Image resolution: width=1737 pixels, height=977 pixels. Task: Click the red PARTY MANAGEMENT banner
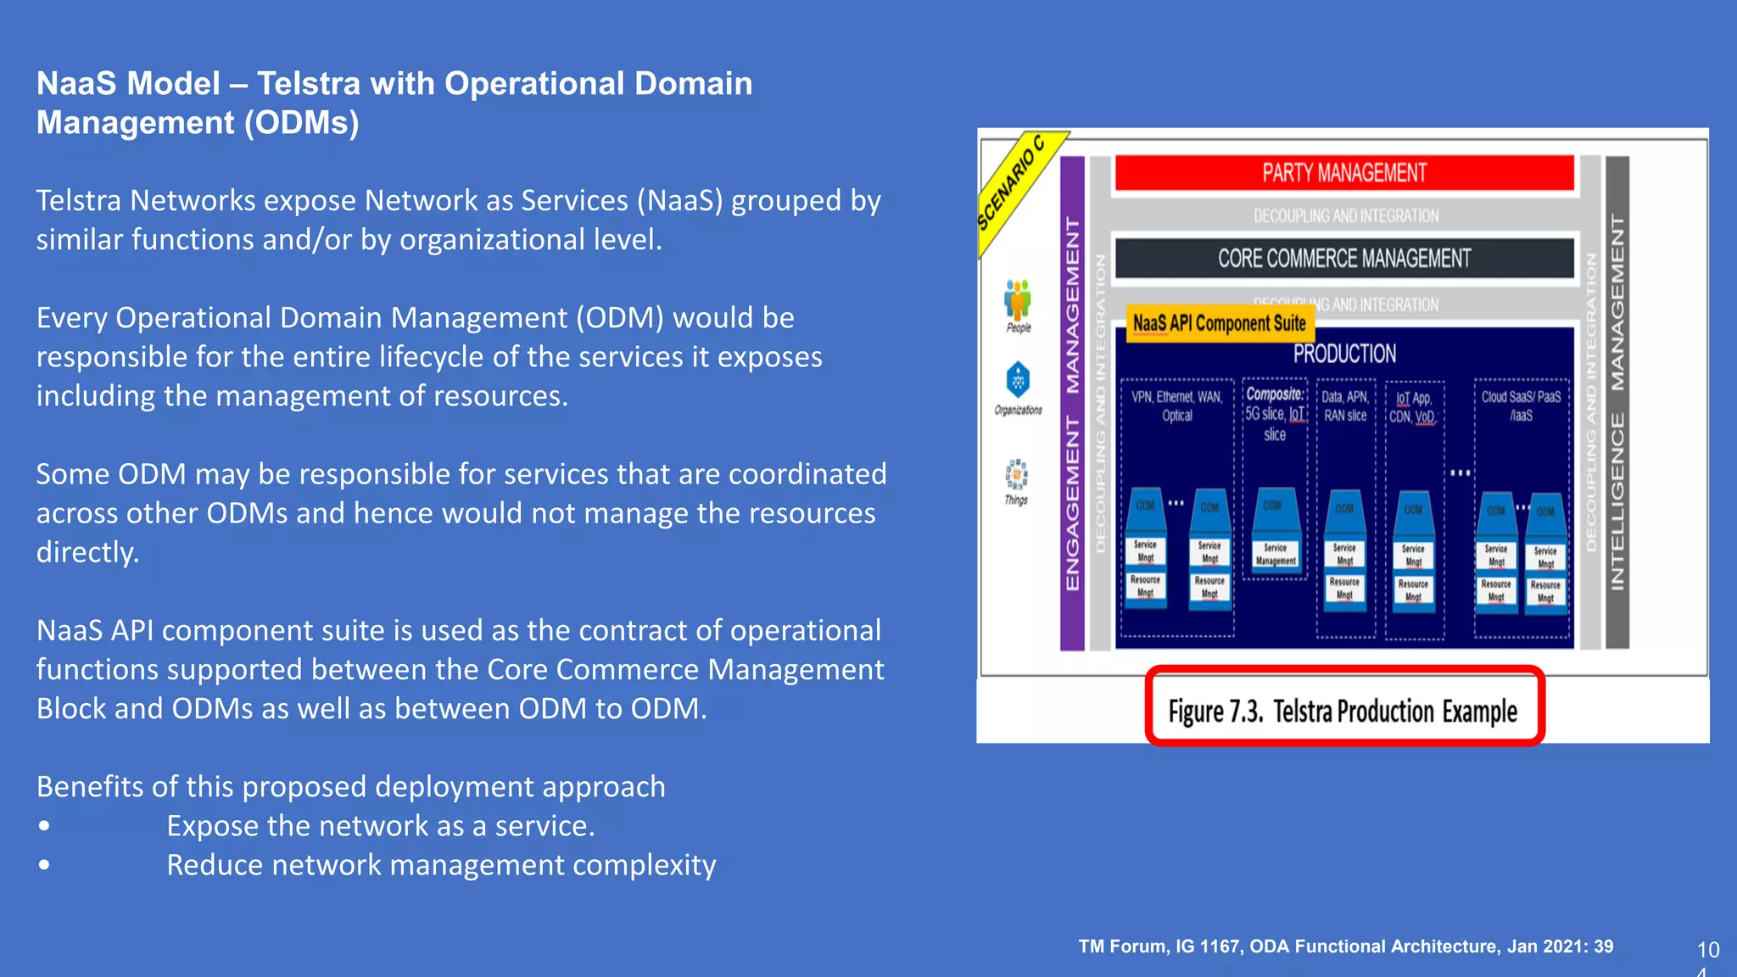click(1344, 173)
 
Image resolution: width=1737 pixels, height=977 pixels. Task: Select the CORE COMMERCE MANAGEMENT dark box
click(1344, 259)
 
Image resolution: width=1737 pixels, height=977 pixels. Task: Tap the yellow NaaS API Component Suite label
click(1220, 323)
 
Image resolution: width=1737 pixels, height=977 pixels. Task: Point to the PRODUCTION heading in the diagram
click(1344, 354)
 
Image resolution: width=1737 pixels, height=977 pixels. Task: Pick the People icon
click(1018, 300)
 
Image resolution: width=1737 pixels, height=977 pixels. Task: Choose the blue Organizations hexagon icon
click(1018, 379)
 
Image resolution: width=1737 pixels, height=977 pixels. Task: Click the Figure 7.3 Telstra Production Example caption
click(1343, 711)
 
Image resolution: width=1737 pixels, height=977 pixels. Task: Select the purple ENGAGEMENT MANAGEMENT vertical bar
click(1073, 404)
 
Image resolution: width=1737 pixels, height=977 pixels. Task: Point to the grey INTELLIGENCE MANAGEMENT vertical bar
click(1617, 404)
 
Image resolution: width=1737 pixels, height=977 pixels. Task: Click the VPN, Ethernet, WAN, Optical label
click(1177, 406)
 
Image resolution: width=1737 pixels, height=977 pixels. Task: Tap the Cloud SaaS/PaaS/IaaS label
click(1521, 406)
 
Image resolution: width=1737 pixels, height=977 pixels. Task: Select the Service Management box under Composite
click(1276, 554)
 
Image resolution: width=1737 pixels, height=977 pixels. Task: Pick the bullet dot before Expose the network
click(44, 826)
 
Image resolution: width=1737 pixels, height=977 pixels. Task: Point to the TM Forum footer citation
click(1346, 946)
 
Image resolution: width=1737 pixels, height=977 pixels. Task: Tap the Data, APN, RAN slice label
click(1345, 406)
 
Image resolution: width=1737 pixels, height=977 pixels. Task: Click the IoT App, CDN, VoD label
click(1412, 407)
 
